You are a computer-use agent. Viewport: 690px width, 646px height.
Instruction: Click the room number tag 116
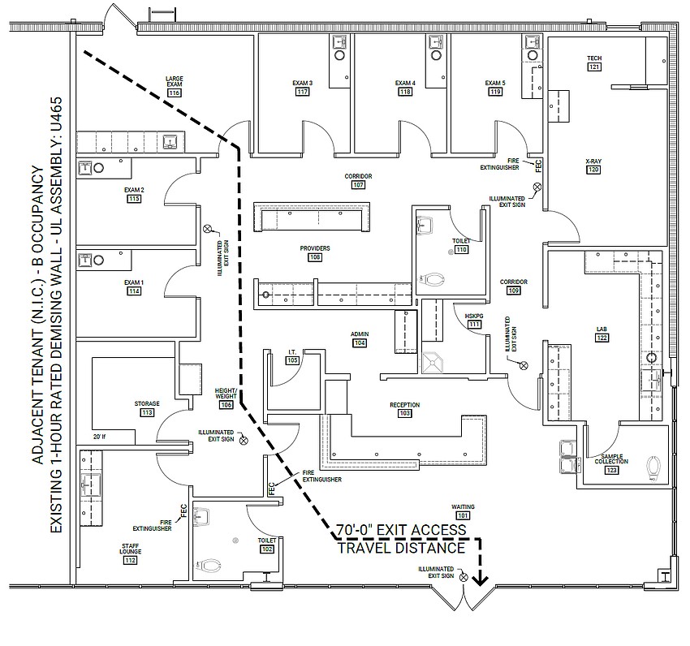tap(174, 93)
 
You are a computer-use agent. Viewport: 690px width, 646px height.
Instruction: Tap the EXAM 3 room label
tap(303, 83)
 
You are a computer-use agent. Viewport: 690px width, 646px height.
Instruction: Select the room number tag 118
tap(405, 92)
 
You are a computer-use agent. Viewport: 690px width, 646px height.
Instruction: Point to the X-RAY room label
tap(593, 161)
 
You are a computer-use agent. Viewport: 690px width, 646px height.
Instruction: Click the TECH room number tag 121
tap(594, 67)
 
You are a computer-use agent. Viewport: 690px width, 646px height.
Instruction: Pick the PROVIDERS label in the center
tap(315, 248)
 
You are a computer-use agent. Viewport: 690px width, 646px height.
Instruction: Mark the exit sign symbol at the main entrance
tap(463, 577)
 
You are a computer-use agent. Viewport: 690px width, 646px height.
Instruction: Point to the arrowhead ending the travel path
tap(481, 579)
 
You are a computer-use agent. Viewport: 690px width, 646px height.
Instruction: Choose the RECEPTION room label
tap(404, 404)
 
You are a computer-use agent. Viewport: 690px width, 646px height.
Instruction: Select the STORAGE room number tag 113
tap(147, 412)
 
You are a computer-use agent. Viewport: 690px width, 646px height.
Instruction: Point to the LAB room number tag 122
tap(602, 338)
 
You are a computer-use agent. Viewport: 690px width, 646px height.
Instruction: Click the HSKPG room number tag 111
tap(474, 325)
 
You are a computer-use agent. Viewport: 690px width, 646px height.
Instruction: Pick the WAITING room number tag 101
tap(463, 515)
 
